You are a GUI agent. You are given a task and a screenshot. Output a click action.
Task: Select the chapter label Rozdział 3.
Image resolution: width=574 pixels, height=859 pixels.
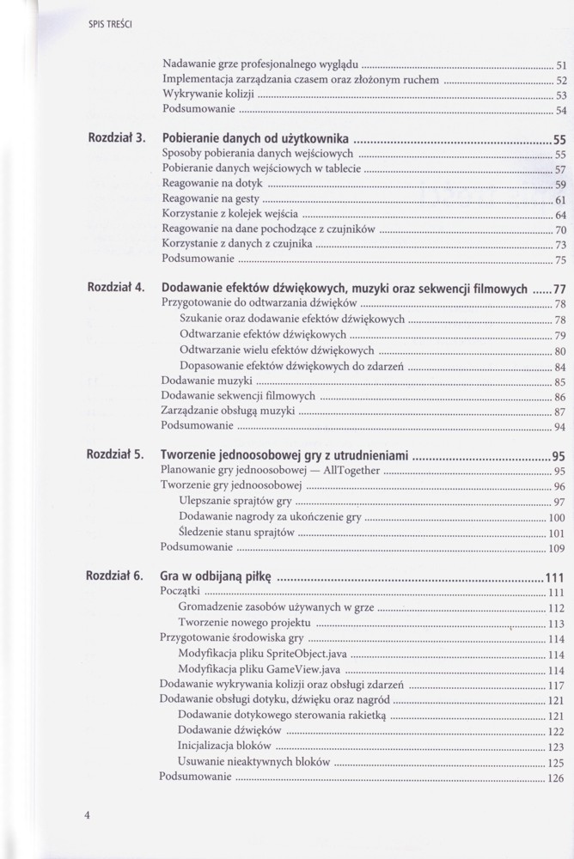click(115, 137)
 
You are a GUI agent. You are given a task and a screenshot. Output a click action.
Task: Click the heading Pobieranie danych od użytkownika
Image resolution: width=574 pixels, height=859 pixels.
click(254, 137)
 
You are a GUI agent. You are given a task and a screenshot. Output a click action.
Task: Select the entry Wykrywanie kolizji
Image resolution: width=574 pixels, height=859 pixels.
click(209, 94)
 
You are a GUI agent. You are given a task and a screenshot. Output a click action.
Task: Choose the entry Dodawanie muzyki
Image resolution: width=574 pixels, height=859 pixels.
click(206, 381)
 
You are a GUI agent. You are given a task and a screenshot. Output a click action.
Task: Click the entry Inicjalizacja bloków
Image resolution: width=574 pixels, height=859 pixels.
click(225, 746)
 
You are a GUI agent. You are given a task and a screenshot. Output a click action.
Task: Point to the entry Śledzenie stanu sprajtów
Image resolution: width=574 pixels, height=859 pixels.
click(237, 533)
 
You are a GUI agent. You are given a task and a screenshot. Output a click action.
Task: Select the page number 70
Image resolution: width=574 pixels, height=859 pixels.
click(559, 230)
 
